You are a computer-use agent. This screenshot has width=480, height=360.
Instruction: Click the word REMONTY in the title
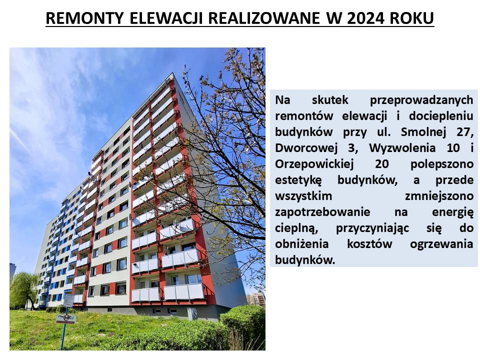coord(84,18)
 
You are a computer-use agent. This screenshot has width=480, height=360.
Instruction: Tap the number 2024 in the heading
coord(365,18)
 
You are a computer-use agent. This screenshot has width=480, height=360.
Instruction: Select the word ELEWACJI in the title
coord(166,18)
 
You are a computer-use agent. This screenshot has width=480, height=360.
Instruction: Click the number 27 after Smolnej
coord(464,132)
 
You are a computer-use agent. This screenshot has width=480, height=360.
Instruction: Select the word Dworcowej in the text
coord(306,148)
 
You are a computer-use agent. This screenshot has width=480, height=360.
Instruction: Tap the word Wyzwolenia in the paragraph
coord(402,148)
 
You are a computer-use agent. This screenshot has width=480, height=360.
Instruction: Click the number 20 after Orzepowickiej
coord(382,164)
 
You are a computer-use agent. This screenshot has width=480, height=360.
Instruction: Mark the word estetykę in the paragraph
coord(298,180)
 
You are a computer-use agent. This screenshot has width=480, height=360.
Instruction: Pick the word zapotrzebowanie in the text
coord(322,212)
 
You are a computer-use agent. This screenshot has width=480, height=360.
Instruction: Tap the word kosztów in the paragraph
coord(369,244)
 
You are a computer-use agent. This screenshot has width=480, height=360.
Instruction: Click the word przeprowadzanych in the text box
coord(421,100)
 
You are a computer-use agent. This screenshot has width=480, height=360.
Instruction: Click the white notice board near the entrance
coord(68,300)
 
